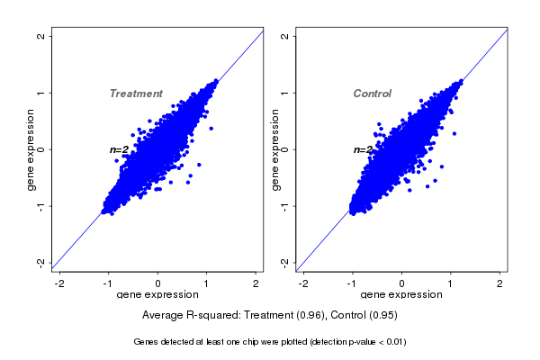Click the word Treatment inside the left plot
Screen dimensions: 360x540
[136, 94]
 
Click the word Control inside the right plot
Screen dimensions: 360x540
[372, 94]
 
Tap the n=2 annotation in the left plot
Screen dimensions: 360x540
[121, 150]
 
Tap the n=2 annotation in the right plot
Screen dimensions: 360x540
[363, 150]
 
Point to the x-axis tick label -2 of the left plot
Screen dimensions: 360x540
[59, 283]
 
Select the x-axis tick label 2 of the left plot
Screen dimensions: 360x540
[256, 283]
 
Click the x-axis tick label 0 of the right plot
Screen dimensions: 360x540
[402, 283]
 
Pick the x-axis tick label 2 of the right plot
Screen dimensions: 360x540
[500, 283]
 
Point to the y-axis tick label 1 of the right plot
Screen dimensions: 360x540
[285, 93]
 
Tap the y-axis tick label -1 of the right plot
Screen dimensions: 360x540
[285, 205]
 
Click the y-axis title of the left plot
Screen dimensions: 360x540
[31, 149]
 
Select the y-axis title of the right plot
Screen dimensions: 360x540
[274, 149]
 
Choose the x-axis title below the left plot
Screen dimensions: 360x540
[157, 294]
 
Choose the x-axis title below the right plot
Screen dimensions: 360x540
[401, 294]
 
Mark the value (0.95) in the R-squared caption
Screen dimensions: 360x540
[382, 316]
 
